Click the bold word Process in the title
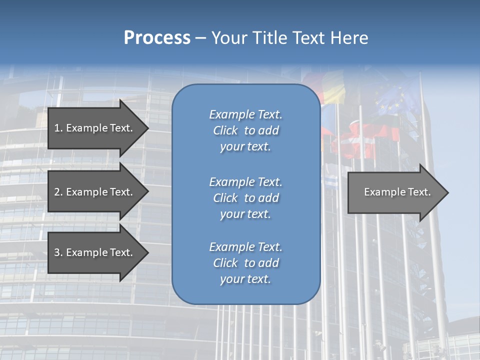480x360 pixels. pos(157,38)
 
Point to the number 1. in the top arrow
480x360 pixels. pos(58,128)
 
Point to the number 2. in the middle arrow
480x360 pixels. pos(58,192)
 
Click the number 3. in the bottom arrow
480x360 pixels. pos(58,252)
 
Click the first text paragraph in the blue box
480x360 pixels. pos(245,130)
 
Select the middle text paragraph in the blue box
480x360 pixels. pos(245,198)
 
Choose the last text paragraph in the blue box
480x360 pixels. pos(245,263)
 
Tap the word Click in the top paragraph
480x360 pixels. pos(225,130)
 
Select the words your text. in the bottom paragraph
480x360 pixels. pos(245,279)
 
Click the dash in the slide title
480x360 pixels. pos(200,38)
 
